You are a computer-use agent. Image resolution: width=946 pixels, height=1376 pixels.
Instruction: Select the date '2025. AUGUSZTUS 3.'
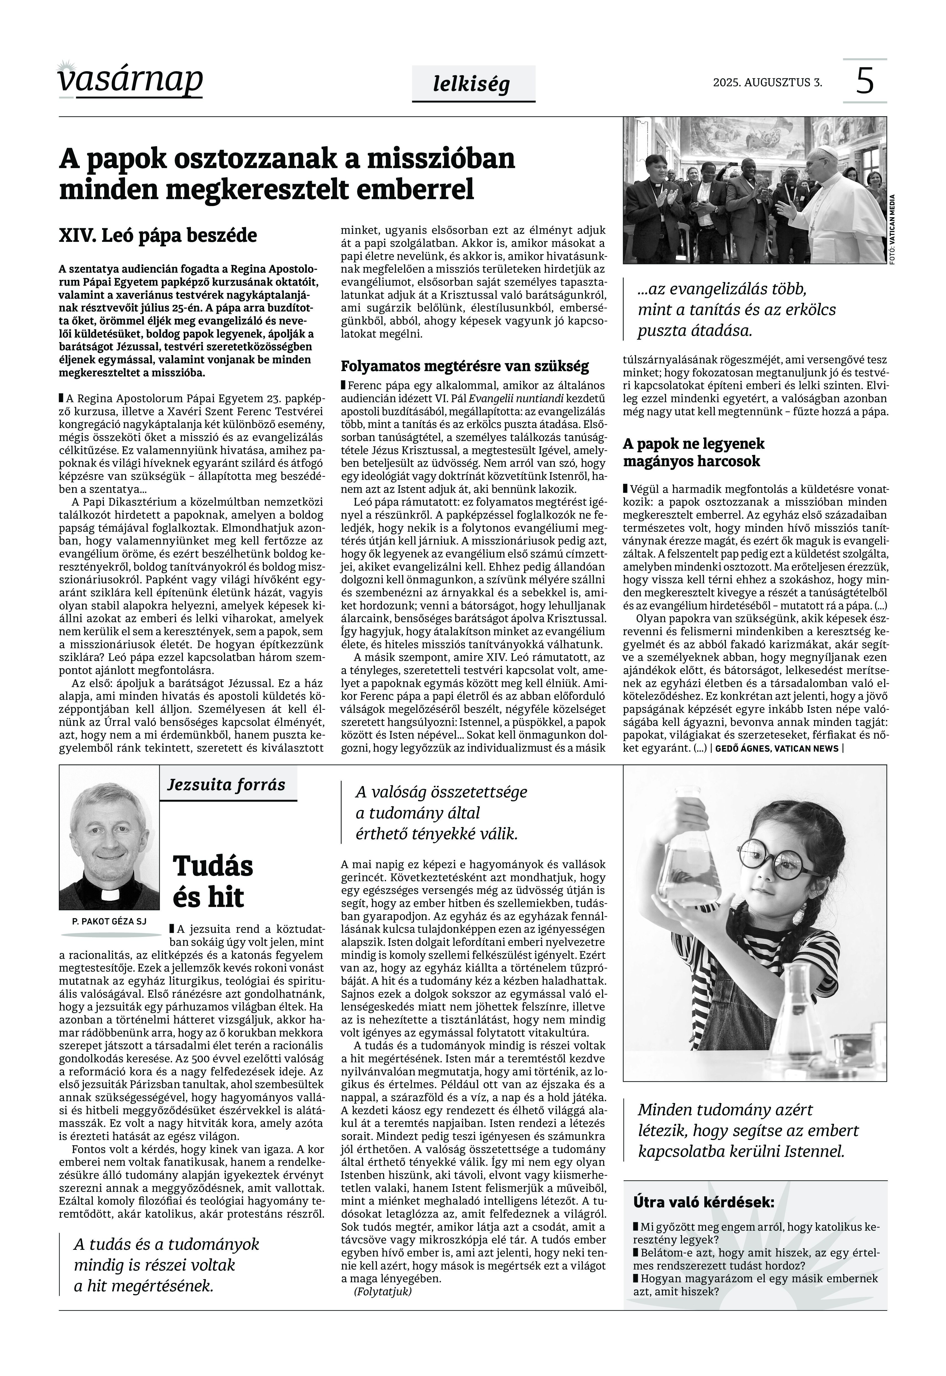[767, 82]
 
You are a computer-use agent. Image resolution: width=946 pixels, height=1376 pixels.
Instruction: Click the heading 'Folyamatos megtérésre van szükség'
[465, 365]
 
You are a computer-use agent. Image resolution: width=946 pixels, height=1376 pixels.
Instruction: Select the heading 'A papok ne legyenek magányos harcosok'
[693, 452]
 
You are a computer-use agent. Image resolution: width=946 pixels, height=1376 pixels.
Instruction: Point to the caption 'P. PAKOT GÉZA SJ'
[109, 921]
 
